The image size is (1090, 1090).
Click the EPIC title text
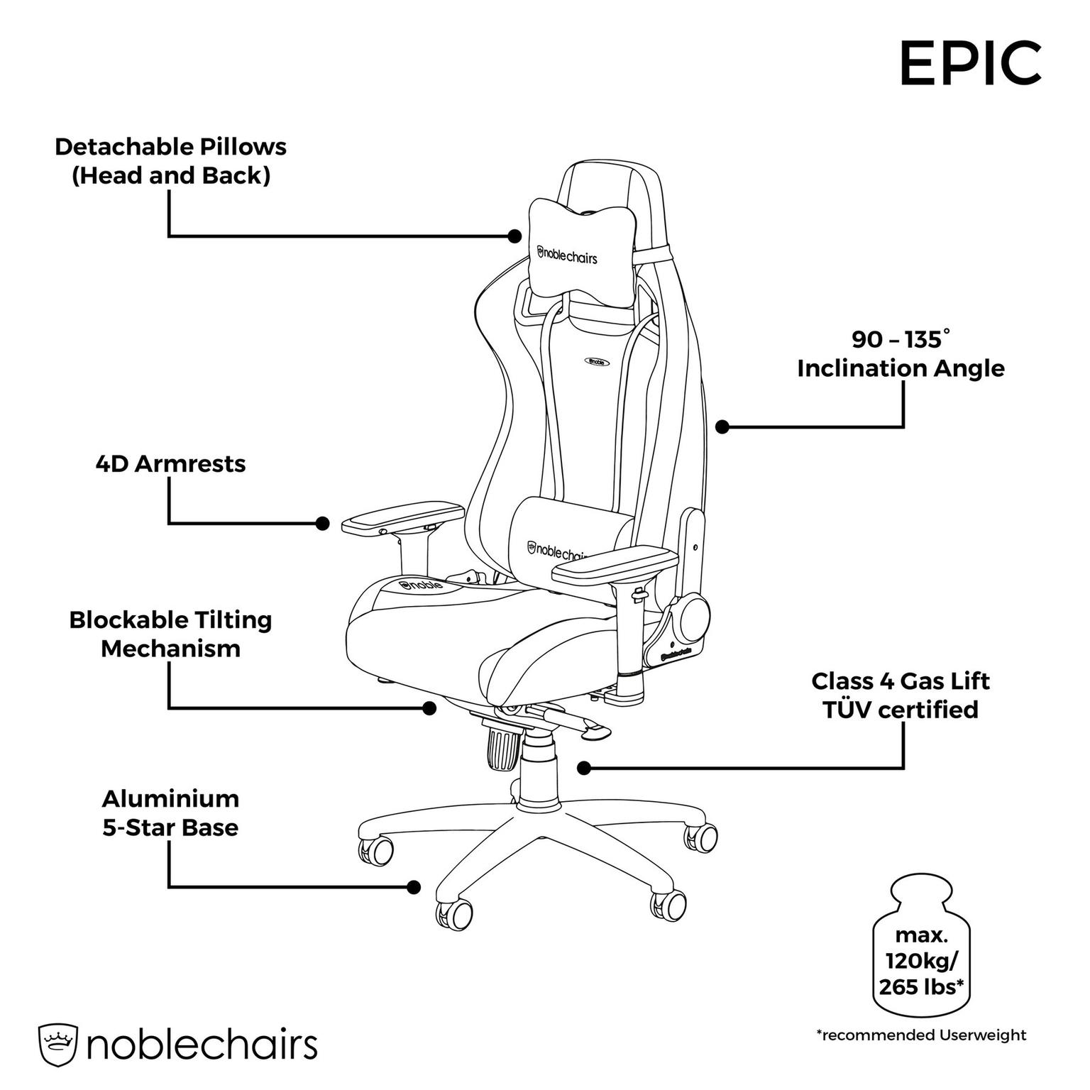pyautogui.click(x=970, y=64)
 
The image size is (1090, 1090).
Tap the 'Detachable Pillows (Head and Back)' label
pyautogui.click(x=171, y=161)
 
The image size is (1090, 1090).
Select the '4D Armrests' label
pyautogui.click(x=170, y=463)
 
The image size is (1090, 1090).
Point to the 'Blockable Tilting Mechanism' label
pyautogui.click(x=170, y=634)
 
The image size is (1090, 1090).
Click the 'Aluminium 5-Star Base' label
pyautogui.click(x=170, y=813)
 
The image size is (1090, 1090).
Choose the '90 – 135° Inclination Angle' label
pyautogui.click(x=901, y=353)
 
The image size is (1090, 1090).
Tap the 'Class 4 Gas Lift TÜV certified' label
pyautogui.click(x=901, y=695)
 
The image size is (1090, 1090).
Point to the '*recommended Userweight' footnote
pyautogui.click(x=921, y=1035)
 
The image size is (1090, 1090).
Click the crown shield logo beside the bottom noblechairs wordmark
pyautogui.click(x=57, y=1045)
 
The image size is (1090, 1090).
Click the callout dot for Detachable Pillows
pyautogui.click(x=515, y=236)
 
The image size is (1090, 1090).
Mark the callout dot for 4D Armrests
pyautogui.click(x=322, y=524)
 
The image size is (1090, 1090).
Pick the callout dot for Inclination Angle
pyautogui.click(x=722, y=426)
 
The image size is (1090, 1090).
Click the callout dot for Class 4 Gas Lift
pyautogui.click(x=584, y=767)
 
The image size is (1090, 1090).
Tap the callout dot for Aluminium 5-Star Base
pyautogui.click(x=414, y=886)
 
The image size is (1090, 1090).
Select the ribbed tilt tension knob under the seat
pyautogui.click(x=503, y=744)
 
